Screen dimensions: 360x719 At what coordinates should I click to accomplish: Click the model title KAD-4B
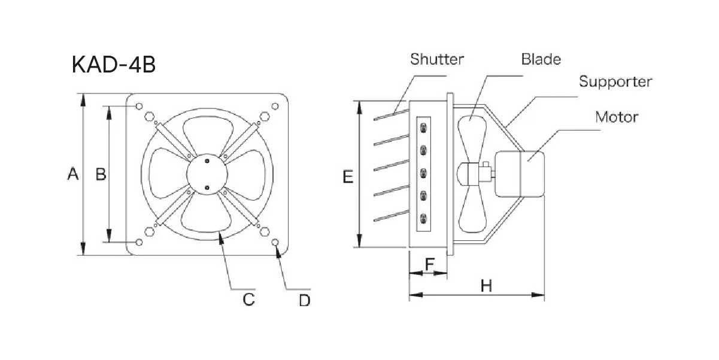coord(114,65)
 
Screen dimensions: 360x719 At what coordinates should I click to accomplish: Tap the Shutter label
coord(437,59)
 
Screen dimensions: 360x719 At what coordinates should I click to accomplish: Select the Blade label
coord(541,59)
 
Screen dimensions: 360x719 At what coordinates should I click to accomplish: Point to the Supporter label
coord(615,81)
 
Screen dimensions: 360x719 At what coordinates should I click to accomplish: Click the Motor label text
coord(616,116)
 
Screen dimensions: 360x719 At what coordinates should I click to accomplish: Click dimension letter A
coord(73,174)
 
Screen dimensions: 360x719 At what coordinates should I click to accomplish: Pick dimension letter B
coord(101,174)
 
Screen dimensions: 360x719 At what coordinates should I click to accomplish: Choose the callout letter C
coord(248,298)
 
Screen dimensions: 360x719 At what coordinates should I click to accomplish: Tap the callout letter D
coord(305,300)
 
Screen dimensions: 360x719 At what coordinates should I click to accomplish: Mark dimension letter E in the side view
coord(348,177)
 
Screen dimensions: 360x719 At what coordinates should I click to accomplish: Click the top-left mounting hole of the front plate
coord(139,107)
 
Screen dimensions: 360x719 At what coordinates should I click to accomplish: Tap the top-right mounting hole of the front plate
coord(275,107)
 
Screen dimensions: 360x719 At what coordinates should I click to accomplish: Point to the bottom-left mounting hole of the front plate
coord(139,242)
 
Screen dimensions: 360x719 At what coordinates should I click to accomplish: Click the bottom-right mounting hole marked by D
coord(275,242)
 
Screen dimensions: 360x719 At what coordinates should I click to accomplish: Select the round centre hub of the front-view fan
coord(207,174)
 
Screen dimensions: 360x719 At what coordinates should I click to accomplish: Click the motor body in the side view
coord(520,174)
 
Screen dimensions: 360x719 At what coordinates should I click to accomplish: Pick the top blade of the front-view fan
coord(207,133)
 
